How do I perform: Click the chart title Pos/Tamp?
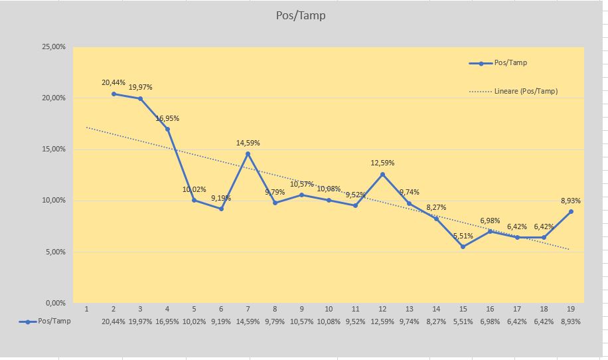click(x=301, y=15)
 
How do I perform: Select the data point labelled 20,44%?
click(x=114, y=94)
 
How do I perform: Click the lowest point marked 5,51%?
click(x=463, y=246)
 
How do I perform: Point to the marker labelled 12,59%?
click(x=383, y=175)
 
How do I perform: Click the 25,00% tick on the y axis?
click(x=54, y=46)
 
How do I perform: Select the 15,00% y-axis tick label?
click(x=54, y=149)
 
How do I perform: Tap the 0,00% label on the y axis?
click(x=56, y=303)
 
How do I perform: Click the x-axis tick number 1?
click(x=86, y=309)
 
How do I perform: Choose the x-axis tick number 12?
click(x=383, y=309)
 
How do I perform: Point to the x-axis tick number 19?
click(x=571, y=309)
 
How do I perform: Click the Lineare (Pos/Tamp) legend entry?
click(x=513, y=92)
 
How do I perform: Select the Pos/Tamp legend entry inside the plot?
click(x=498, y=63)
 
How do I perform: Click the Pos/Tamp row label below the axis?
click(x=44, y=321)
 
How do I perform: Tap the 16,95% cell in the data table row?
click(x=167, y=321)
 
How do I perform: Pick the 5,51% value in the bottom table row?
click(x=463, y=321)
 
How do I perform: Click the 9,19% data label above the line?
click(x=221, y=198)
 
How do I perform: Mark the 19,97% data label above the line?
click(x=140, y=87)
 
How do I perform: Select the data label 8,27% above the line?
click(x=436, y=207)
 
